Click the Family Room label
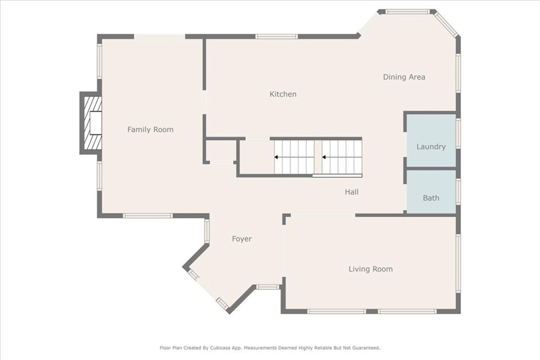[x=150, y=130]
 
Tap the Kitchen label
[x=283, y=94]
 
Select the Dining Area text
[x=404, y=77]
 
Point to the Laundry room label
[x=431, y=147]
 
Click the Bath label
[x=431, y=198]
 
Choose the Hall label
[x=352, y=192]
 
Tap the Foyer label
[x=242, y=239]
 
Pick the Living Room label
[x=371, y=269]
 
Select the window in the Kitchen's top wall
[x=276, y=36]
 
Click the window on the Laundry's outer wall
[x=458, y=133]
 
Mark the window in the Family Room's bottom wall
[x=148, y=216]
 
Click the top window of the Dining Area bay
[x=408, y=12]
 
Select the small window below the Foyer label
[x=267, y=287]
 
